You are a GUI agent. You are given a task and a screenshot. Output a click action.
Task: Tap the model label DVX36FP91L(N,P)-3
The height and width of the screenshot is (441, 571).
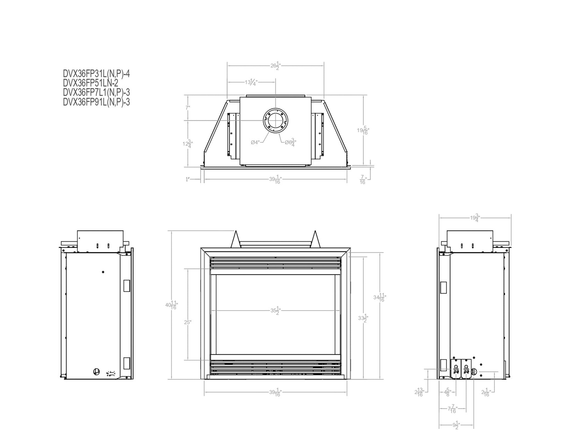[x=96, y=102]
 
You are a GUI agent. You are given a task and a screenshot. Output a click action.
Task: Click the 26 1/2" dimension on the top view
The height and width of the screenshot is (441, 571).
[x=276, y=66]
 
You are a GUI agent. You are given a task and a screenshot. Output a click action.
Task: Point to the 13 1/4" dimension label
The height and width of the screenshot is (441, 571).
[x=251, y=83]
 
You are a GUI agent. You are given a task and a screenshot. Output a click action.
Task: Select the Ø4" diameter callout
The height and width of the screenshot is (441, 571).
[x=255, y=143]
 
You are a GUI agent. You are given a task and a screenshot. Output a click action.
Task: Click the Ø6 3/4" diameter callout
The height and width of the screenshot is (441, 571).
[x=290, y=143]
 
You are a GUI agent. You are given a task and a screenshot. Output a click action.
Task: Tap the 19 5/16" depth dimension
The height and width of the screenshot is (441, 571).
[x=363, y=130]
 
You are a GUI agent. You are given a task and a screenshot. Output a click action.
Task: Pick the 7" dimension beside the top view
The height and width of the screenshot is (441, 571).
[x=188, y=108]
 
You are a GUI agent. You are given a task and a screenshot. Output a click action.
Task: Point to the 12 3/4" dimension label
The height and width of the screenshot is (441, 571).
[x=187, y=144]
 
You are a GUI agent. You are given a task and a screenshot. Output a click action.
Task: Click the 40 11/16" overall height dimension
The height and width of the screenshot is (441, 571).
[x=172, y=305]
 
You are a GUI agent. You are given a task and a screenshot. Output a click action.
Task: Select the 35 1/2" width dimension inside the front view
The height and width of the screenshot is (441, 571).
[x=276, y=311]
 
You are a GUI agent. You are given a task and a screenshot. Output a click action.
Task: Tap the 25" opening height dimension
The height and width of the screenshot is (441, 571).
[x=188, y=322]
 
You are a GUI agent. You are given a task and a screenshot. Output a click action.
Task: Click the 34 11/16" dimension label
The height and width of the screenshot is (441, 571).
[x=380, y=298]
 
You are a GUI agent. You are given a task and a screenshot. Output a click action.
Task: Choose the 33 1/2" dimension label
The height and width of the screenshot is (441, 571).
[x=363, y=319]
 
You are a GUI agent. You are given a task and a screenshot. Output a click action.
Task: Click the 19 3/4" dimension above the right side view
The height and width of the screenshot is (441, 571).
[x=474, y=218]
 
